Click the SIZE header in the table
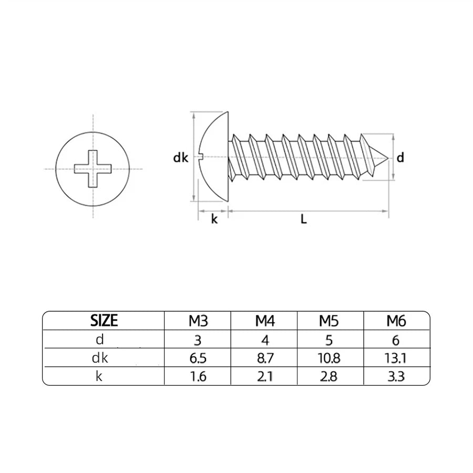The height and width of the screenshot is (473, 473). (x=104, y=320)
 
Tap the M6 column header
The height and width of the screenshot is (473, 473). (x=396, y=320)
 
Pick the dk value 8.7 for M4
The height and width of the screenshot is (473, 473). (x=264, y=358)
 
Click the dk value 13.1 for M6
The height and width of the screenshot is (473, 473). (x=396, y=358)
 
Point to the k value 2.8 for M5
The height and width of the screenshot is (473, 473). (x=330, y=377)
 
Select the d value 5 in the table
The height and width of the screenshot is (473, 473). (x=330, y=340)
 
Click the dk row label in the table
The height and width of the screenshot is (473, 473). (x=100, y=358)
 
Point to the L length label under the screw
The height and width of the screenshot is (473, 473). (x=304, y=220)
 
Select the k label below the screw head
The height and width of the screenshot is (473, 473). (x=214, y=220)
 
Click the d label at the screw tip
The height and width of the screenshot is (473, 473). (x=400, y=157)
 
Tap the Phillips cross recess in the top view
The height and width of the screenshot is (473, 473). (x=92, y=169)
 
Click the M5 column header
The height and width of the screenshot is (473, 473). (x=330, y=320)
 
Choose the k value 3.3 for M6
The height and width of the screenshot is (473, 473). (x=396, y=377)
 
